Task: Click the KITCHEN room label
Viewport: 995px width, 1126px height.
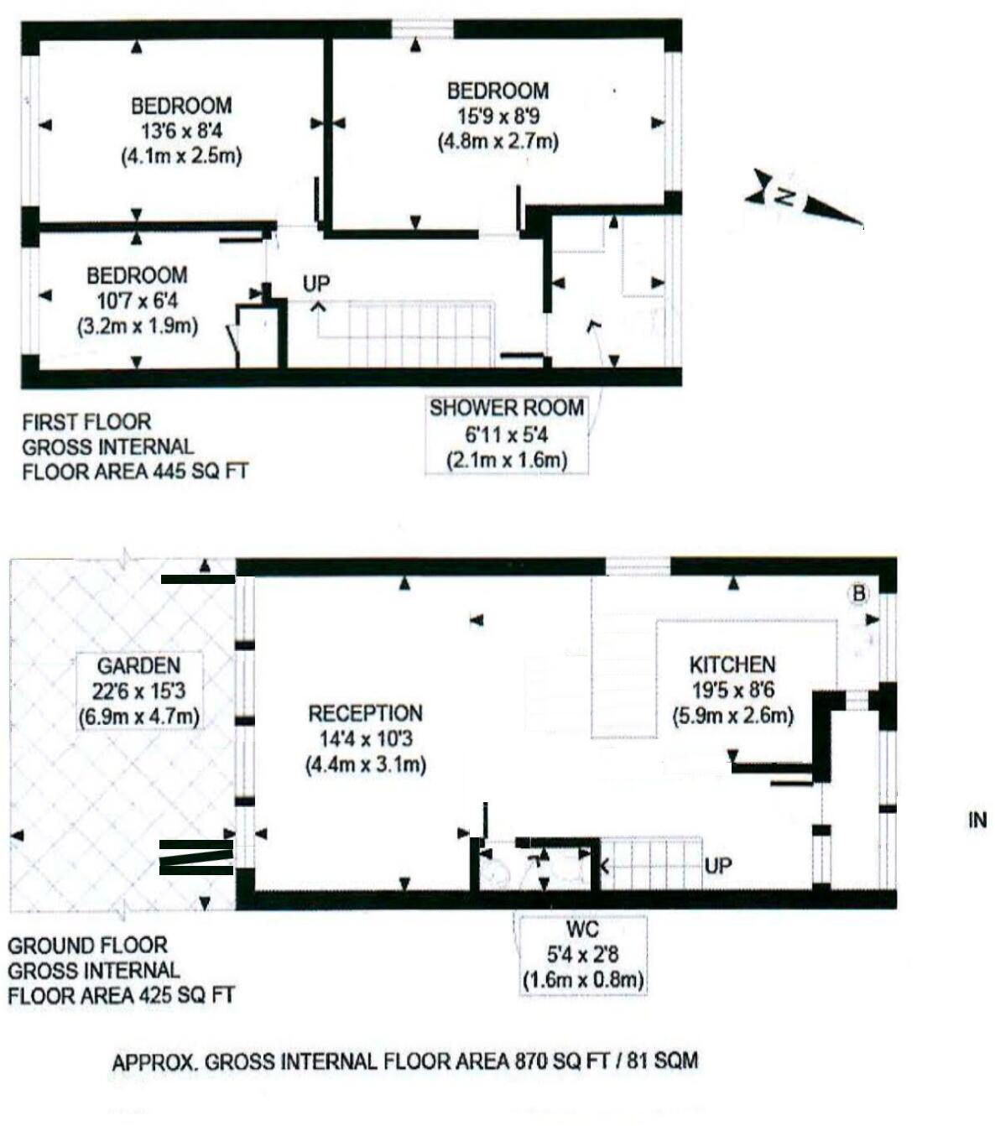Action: pyautogui.click(x=732, y=665)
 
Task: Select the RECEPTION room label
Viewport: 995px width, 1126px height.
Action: pyautogui.click(x=365, y=714)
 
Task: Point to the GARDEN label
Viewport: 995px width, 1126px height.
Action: pyautogui.click(x=138, y=666)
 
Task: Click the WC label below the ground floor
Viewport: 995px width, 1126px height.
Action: pyautogui.click(x=582, y=930)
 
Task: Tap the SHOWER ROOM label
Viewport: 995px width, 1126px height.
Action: pyautogui.click(x=506, y=409)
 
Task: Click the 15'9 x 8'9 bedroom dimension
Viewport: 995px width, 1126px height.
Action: pyautogui.click(x=498, y=116)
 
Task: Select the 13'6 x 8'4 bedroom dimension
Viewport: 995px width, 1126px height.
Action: pyautogui.click(x=181, y=131)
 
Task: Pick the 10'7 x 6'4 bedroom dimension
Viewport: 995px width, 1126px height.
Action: pyautogui.click(x=137, y=300)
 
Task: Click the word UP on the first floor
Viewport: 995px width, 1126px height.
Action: pyautogui.click(x=316, y=284)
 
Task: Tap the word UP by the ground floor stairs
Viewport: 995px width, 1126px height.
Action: pyautogui.click(x=717, y=865)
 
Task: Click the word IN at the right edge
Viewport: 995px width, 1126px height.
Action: pyautogui.click(x=977, y=821)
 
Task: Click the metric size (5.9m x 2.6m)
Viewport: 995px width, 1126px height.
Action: pyautogui.click(x=732, y=717)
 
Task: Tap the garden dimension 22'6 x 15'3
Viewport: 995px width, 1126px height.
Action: pyautogui.click(x=138, y=692)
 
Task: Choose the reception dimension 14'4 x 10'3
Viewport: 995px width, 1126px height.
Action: pyautogui.click(x=365, y=740)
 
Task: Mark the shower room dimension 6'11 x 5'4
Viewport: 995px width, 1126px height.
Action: pyautogui.click(x=506, y=435)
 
